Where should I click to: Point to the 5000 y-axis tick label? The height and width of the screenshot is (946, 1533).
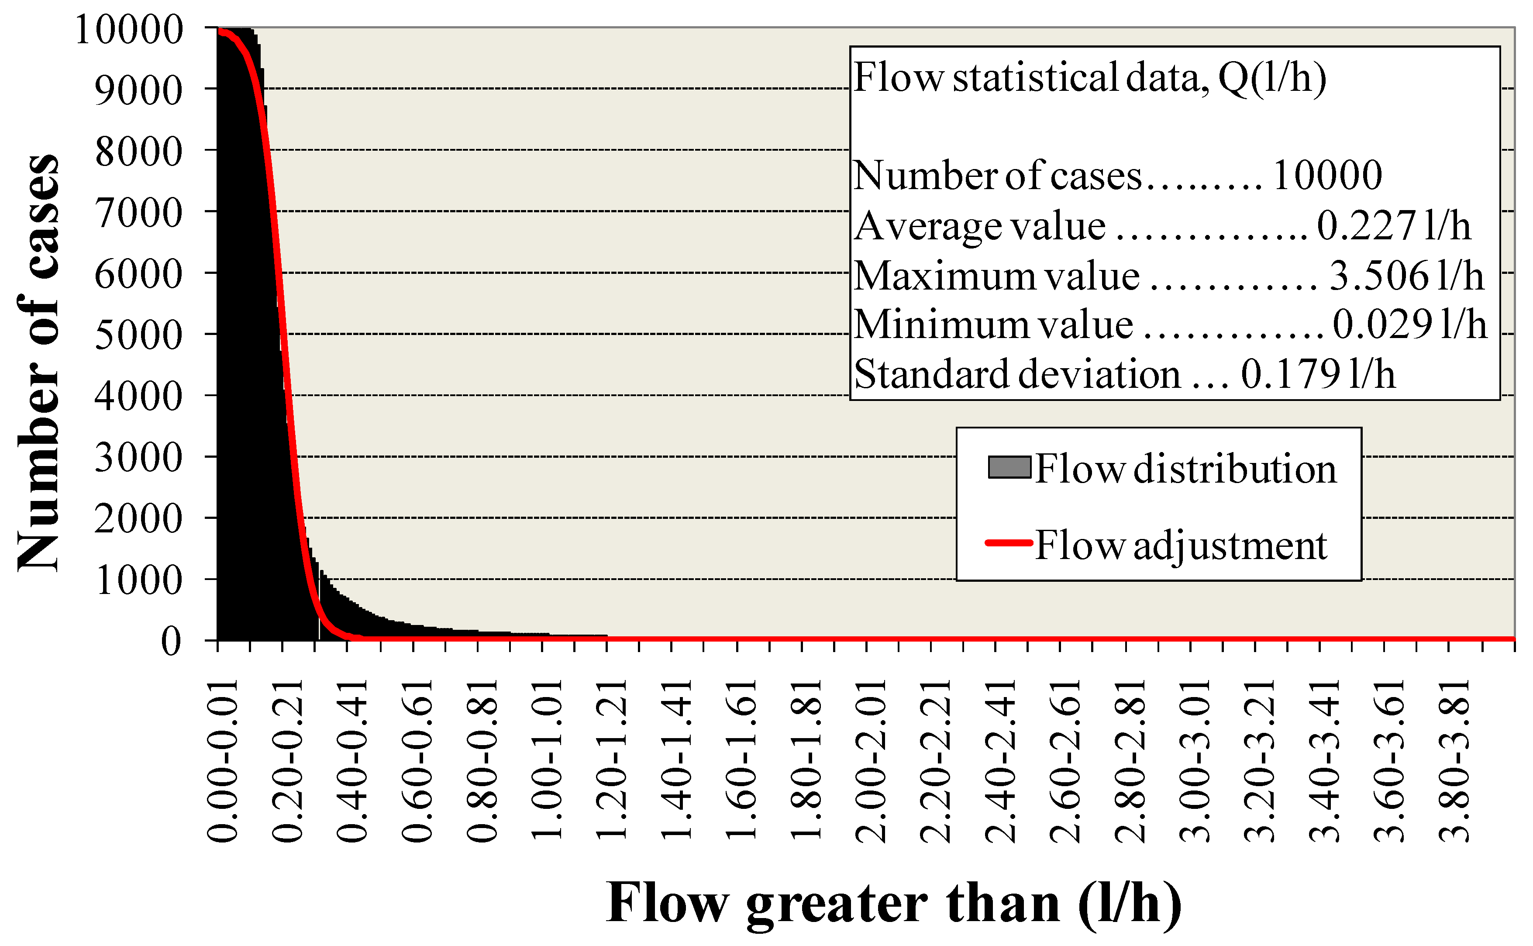[138, 335]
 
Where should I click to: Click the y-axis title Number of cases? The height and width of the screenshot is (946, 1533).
[39, 363]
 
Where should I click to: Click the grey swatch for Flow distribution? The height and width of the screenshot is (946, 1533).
[1009, 468]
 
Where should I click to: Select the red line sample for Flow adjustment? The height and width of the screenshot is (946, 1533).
[1009, 543]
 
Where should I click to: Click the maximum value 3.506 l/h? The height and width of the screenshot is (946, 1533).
[1406, 276]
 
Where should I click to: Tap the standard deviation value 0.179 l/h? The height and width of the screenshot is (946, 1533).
[1318, 375]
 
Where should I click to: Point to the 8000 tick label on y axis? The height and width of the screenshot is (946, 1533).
[138, 152]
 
